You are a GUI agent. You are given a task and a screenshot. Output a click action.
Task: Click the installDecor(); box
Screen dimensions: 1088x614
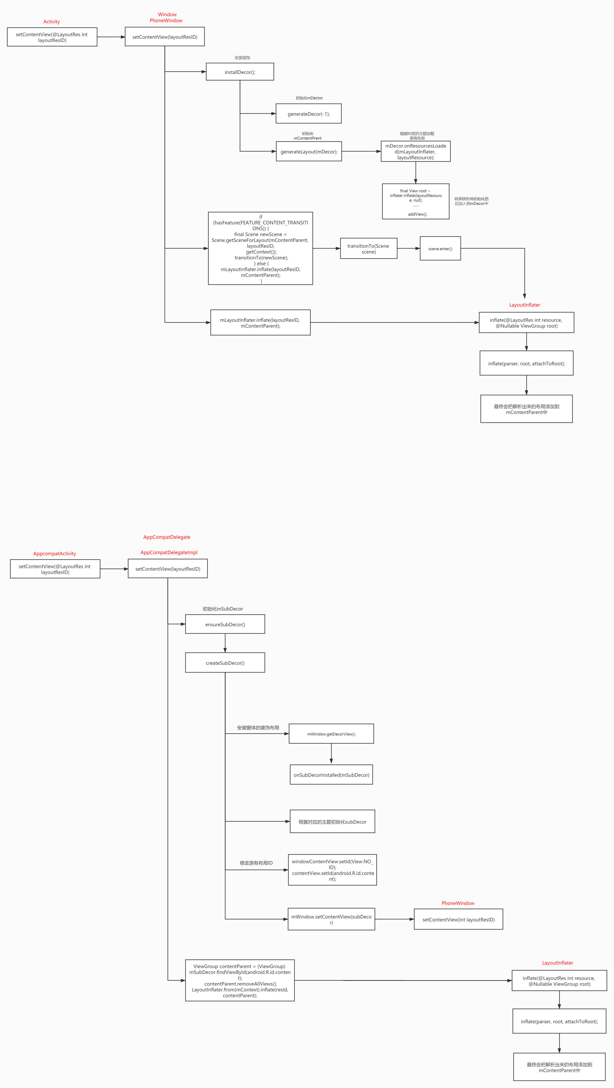pos(240,72)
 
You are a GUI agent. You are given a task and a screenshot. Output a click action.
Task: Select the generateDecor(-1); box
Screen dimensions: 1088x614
pos(309,114)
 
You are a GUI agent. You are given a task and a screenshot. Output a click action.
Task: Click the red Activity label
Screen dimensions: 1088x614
pos(51,22)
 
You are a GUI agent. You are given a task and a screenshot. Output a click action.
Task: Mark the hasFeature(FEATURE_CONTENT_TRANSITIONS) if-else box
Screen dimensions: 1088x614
pos(260,248)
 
